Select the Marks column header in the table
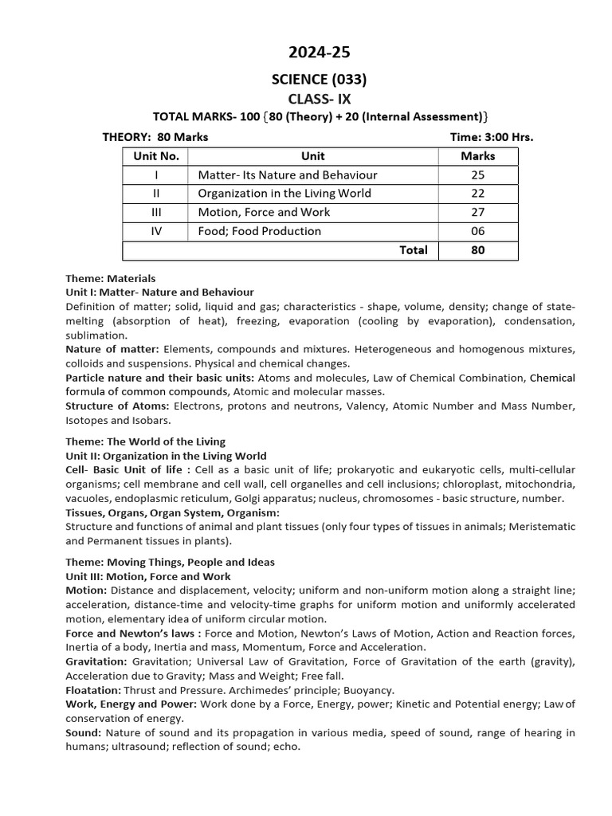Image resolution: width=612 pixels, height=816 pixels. (x=477, y=156)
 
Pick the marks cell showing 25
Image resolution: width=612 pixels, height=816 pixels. (x=477, y=175)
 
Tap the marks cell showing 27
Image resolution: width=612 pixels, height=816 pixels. (x=477, y=213)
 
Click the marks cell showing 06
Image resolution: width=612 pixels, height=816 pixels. (x=477, y=231)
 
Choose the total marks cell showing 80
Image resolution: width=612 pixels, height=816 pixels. (x=477, y=250)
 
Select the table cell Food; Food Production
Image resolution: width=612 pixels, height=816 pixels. (x=260, y=231)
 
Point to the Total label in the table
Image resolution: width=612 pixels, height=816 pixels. (x=413, y=250)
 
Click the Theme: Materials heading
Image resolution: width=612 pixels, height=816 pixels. (x=111, y=279)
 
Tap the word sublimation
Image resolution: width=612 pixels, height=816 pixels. (x=96, y=335)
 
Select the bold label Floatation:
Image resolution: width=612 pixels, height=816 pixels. (x=92, y=690)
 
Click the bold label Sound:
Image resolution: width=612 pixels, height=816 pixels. (x=83, y=732)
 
